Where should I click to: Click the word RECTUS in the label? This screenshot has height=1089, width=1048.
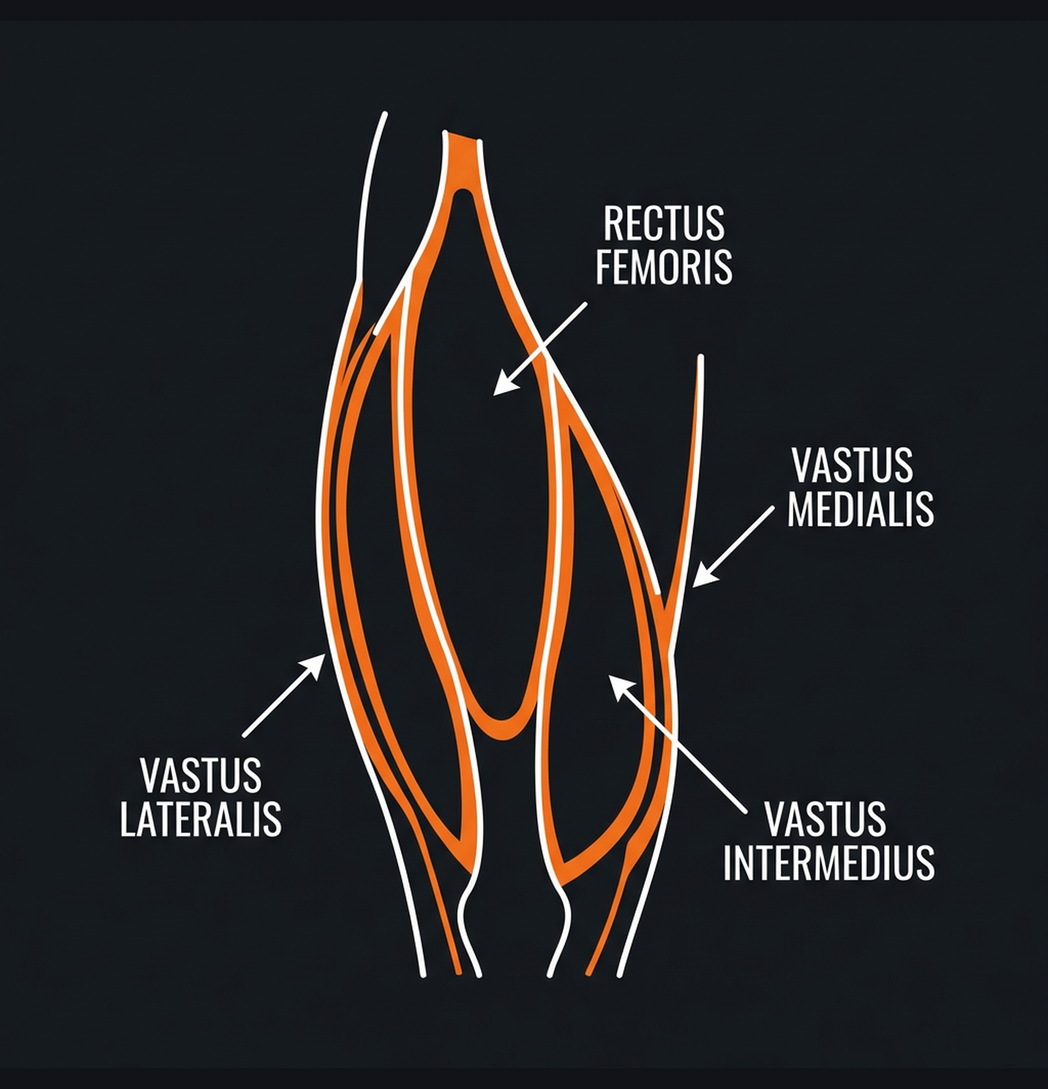pyautogui.click(x=663, y=223)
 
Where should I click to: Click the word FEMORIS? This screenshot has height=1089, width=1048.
pyautogui.click(x=664, y=267)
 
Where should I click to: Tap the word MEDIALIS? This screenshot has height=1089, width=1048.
pyautogui.click(x=860, y=510)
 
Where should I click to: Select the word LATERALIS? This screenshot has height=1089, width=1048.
pyautogui.click(x=201, y=819)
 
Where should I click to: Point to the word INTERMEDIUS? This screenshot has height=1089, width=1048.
pyautogui.click(x=828, y=863)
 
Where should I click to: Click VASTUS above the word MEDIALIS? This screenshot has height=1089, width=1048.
pyautogui.click(x=852, y=466)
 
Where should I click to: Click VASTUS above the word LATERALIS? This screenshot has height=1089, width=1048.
pyautogui.click(x=201, y=776)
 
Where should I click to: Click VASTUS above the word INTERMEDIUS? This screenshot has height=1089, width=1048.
pyautogui.click(x=825, y=819)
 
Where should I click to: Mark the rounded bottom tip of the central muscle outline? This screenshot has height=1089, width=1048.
pyautogui.click(x=502, y=729)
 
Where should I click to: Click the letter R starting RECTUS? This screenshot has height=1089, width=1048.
pyautogui.click(x=613, y=223)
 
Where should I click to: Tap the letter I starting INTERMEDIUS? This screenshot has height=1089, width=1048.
pyautogui.click(x=728, y=863)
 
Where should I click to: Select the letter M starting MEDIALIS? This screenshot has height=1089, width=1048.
pyautogui.click(x=800, y=510)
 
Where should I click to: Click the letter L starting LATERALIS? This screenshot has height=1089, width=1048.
pyautogui.click(x=127, y=819)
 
